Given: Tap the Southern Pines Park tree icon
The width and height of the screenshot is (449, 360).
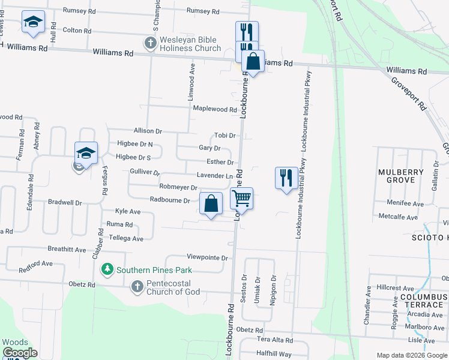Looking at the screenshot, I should (107, 269).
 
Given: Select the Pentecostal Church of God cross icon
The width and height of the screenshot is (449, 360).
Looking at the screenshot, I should (137, 287).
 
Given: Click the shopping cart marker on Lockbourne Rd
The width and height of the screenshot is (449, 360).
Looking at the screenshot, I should (241, 197).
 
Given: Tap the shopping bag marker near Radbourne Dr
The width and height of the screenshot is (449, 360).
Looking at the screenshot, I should (211, 203).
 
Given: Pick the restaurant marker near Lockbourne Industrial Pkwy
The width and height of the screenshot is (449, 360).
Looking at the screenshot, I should (286, 178).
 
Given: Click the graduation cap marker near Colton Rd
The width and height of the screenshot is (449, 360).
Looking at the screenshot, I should (33, 23).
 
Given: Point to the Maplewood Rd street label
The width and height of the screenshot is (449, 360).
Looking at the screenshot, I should (215, 109).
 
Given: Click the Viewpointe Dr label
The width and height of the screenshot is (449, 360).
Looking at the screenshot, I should (208, 258).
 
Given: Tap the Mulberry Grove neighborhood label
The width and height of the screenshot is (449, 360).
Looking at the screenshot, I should (401, 176).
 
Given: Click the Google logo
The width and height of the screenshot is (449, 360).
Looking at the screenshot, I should (19, 353).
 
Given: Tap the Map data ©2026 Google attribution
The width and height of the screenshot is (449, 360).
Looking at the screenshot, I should (412, 355).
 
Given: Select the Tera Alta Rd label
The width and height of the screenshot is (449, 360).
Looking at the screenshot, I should (274, 340).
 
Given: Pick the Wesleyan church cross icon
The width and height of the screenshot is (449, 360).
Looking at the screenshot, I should (149, 43).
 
